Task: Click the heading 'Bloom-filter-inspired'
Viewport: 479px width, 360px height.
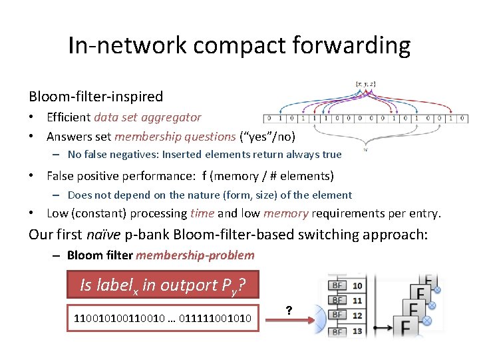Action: click(x=95, y=96)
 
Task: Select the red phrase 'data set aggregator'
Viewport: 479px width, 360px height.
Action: click(x=148, y=117)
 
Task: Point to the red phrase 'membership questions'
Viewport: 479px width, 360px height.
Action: click(x=175, y=137)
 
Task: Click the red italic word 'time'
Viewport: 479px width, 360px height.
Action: click(x=202, y=213)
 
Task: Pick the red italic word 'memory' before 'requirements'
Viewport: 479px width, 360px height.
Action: click(x=285, y=213)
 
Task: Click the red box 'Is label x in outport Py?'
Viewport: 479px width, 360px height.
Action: click(x=162, y=285)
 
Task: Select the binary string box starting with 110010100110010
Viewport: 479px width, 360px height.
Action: click(x=162, y=318)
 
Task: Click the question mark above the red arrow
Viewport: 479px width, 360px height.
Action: click(x=289, y=310)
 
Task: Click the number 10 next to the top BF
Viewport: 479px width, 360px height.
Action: click(x=357, y=286)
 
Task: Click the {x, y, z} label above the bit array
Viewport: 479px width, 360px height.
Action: click(x=365, y=83)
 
